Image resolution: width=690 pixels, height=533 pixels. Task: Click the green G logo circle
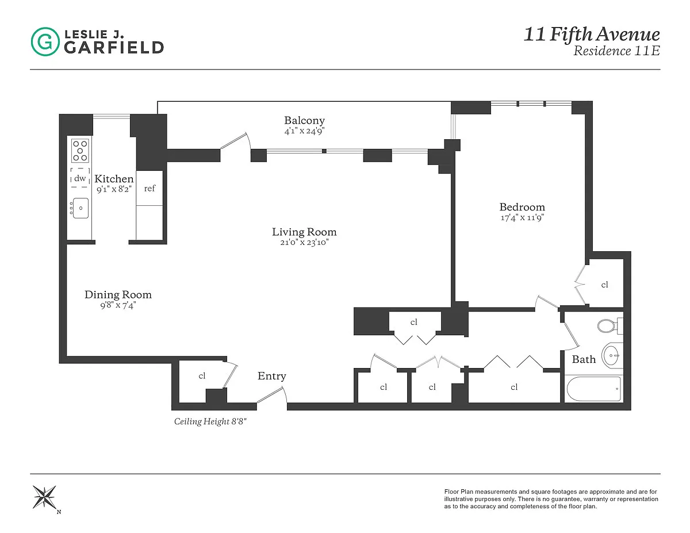[x=45, y=41]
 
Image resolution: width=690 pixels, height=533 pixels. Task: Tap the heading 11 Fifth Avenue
[x=592, y=34]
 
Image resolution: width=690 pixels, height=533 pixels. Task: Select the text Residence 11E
[x=616, y=51]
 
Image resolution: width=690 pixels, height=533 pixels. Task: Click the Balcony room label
[x=304, y=120]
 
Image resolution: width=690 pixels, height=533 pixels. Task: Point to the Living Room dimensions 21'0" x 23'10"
[x=304, y=243]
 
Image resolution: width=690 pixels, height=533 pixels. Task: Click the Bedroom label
[x=522, y=207]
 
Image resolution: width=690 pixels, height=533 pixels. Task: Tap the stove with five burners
[x=80, y=151]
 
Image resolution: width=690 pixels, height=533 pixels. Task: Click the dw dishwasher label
[x=80, y=178]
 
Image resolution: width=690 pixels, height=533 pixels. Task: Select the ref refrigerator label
[x=149, y=188]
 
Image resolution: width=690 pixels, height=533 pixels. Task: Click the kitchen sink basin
[x=80, y=208]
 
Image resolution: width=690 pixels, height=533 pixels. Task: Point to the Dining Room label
[x=118, y=294]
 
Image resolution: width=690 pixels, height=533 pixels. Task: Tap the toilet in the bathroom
[x=610, y=325]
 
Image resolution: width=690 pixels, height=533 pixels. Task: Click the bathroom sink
[x=612, y=355]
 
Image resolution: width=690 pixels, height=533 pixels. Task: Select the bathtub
[x=594, y=389]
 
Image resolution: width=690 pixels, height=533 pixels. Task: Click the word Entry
[x=272, y=376]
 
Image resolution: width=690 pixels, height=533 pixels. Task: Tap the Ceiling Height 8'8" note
[x=210, y=421]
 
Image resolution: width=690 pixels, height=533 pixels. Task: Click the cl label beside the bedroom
[x=604, y=285]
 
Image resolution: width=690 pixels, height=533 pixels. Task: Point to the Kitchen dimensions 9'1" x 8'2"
[x=114, y=190]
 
